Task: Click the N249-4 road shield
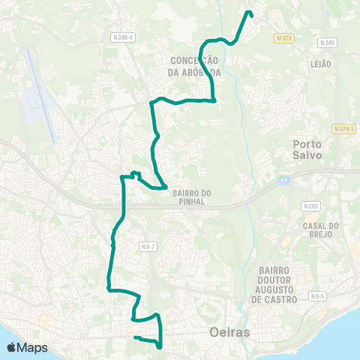[x=122, y=37]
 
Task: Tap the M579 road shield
[x=283, y=37]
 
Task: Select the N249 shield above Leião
[x=326, y=43]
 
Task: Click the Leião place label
[x=320, y=64]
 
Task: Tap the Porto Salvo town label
[x=308, y=148]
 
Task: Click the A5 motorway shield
[x=284, y=179]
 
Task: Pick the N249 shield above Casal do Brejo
[x=310, y=205]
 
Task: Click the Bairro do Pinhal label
[x=192, y=198]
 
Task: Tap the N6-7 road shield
[x=148, y=245]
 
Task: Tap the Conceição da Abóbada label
[x=193, y=66]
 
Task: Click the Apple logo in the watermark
[x=12, y=347]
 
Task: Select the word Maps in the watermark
[x=33, y=348]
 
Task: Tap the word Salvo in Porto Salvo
[x=308, y=155]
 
